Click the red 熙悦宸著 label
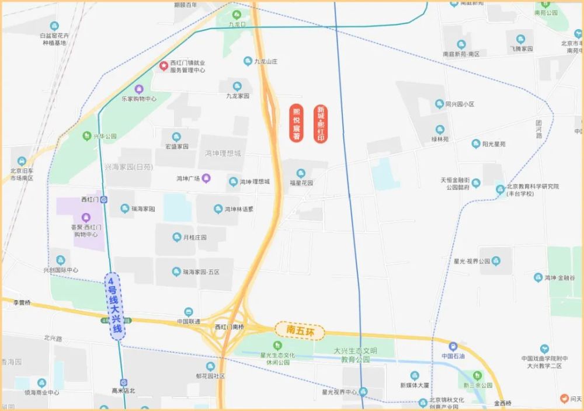tap(297, 123)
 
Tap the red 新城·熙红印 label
tap(321, 124)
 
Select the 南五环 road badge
tap(299, 330)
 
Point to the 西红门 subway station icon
tap(103, 199)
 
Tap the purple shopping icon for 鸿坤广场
tap(206, 178)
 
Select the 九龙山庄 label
tap(265, 61)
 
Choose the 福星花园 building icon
tap(301, 173)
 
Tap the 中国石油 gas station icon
tap(453, 346)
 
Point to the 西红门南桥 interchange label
tap(229, 327)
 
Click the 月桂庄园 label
tap(194, 238)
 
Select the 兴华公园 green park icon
tap(87, 135)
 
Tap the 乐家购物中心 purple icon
tap(139, 89)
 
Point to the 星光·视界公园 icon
tap(496, 260)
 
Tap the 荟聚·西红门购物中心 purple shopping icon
tap(86, 217)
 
